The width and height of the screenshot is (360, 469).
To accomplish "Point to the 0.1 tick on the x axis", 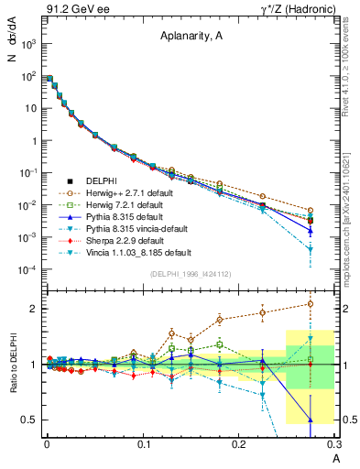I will [x=143, y=442].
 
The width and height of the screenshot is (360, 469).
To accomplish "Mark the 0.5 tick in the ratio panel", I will [x=32, y=420].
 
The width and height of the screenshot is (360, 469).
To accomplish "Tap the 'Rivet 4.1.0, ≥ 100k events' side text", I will [x=352, y=64].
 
